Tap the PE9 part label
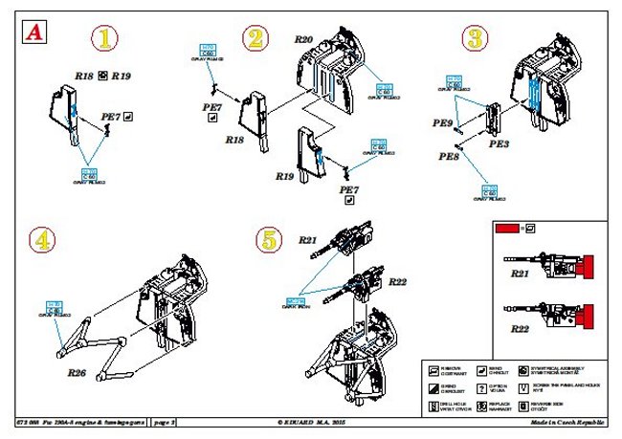442,123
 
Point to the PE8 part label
449,156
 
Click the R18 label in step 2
234,140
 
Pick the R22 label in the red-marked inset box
519,328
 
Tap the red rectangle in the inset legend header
507,230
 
